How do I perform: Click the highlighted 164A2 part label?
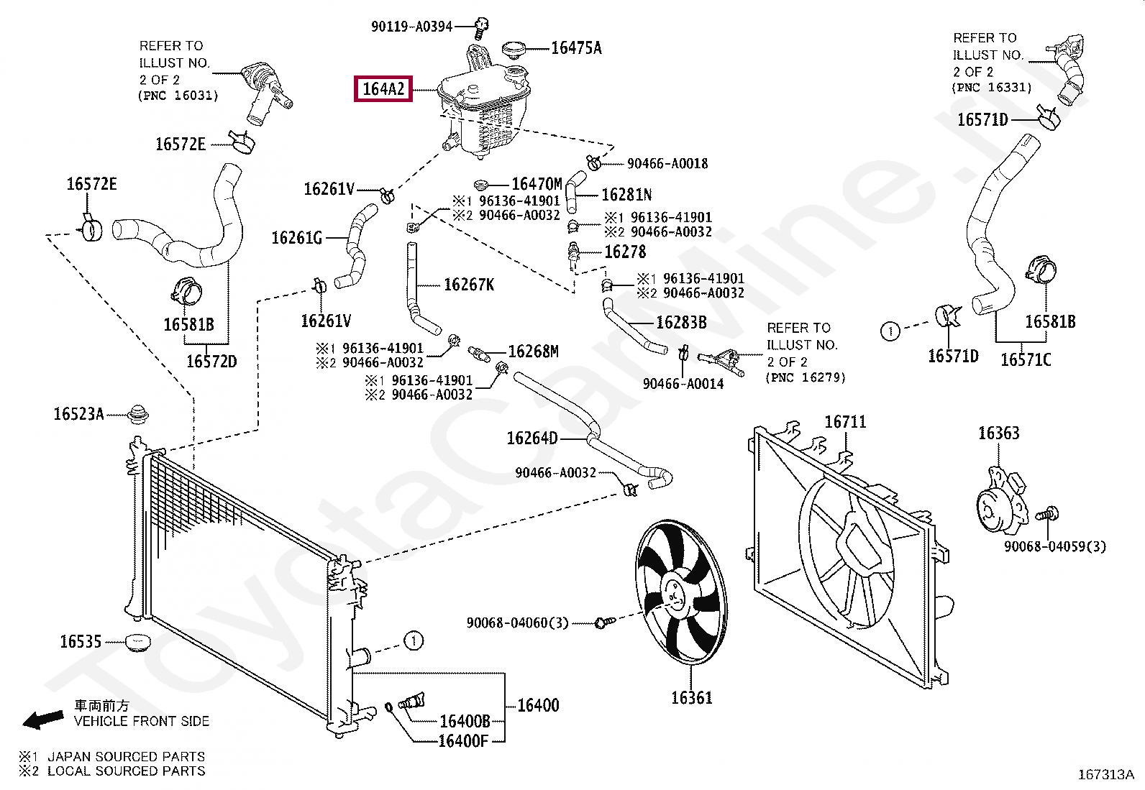(383, 90)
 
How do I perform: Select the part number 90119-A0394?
(411, 27)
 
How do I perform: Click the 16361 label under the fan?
(691, 697)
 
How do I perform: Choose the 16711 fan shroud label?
(845, 422)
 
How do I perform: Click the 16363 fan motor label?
(998, 433)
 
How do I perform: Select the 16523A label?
(78, 414)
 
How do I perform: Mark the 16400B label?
(464, 721)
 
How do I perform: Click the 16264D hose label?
(532, 438)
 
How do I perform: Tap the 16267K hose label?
(469, 285)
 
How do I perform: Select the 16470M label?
(537, 185)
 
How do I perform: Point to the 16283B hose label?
(681, 323)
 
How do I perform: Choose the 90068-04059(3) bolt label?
(1055, 547)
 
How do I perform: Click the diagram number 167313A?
(1105, 775)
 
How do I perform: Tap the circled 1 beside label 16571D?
(890, 331)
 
